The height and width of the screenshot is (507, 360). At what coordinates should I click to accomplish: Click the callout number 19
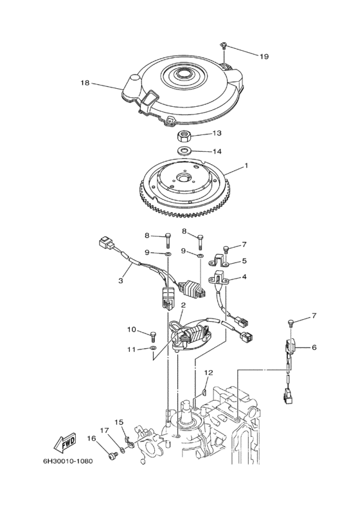click(264, 57)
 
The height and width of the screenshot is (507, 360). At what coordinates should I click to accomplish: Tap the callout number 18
click(85, 83)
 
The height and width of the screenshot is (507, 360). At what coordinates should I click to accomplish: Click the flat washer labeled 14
click(184, 150)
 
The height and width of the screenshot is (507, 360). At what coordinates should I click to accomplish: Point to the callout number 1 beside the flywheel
click(246, 165)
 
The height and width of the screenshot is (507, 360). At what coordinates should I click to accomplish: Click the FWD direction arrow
click(65, 442)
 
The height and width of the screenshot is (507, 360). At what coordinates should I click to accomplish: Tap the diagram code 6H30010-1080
click(68, 461)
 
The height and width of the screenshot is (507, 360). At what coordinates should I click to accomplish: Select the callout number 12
click(208, 373)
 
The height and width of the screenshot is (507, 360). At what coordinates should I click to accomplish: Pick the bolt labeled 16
click(113, 456)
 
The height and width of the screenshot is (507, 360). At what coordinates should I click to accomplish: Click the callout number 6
click(314, 347)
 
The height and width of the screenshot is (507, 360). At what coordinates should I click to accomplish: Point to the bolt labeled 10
click(153, 336)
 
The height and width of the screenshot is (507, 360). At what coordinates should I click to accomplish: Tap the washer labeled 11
click(152, 348)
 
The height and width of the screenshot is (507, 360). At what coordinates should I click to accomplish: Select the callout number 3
click(121, 281)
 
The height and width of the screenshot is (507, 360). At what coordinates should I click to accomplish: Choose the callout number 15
click(119, 422)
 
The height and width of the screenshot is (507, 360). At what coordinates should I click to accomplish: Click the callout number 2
click(183, 305)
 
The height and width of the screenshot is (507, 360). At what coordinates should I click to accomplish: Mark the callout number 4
click(244, 277)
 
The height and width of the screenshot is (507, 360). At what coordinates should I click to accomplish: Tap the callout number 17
click(104, 430)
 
